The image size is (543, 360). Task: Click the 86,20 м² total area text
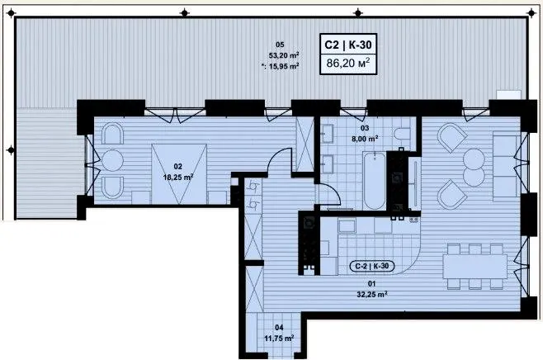348,63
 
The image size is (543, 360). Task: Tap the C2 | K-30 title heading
348,45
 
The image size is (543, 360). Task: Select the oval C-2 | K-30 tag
372,266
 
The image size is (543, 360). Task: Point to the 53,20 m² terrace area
284,55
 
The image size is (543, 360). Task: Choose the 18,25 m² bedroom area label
178,177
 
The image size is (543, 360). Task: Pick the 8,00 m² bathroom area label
365,139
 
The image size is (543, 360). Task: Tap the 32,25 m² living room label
372,294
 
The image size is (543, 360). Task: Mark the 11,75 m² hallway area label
279,338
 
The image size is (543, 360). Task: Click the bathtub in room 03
375,181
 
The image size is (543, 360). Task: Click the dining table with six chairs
475,266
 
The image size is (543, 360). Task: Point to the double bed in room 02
179,173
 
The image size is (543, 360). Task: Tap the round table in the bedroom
112,160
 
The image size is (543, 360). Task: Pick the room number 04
279,327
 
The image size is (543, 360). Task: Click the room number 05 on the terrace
280,45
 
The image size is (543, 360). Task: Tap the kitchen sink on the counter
347,226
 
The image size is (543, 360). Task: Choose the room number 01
371,284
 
